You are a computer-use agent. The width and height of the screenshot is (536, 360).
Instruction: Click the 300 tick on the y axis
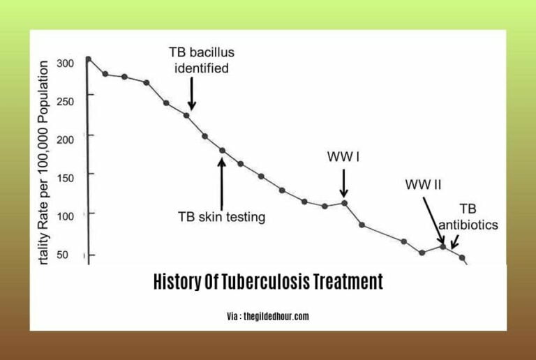65,63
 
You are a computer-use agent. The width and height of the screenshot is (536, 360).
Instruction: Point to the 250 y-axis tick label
65,101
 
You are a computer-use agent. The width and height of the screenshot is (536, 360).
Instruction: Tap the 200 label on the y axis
65,137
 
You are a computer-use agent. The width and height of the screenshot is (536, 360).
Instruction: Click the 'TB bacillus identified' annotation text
199,60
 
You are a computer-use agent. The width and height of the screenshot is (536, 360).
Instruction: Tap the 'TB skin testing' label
222,217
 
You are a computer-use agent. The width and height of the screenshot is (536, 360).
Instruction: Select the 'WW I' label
343,157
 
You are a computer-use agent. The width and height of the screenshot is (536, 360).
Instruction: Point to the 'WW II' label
423,185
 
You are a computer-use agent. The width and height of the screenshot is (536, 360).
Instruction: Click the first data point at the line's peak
88,59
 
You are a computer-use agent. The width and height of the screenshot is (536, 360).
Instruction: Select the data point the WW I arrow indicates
344,203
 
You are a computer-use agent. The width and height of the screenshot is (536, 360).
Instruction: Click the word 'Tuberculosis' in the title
268,282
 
